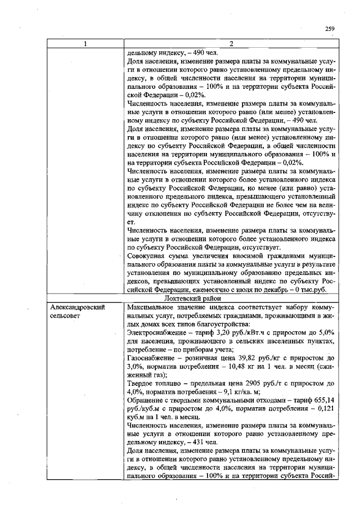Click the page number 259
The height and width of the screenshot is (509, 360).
coord(330,29)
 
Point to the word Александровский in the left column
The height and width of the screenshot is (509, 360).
coord(78,308)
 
